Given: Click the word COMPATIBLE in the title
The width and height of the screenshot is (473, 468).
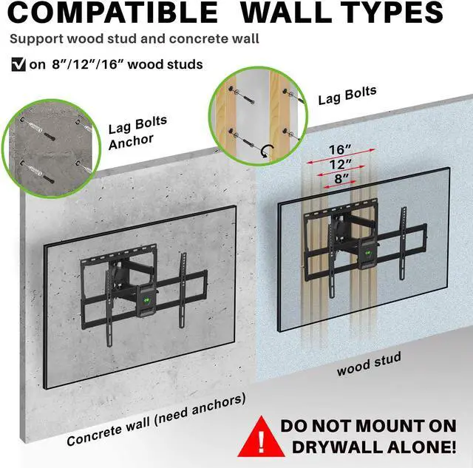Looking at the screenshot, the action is pyautogui.click(x=112, y=12).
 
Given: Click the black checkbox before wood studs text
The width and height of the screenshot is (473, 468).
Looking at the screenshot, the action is pyautogui.click(x=18, y=64).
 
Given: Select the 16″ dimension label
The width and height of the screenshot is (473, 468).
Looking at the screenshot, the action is pyautogui.click(x=340, y=149).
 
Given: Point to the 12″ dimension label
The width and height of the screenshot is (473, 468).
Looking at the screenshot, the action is pyautogui.click(x=341, y=164).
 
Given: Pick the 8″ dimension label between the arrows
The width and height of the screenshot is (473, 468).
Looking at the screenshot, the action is pyautogui.click(x=341, y=178).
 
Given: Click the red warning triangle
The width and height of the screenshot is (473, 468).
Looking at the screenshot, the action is pyautogui.click(x=261, y=437).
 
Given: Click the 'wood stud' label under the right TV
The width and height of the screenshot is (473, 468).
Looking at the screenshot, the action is pyautogui.click(x=369, y=364).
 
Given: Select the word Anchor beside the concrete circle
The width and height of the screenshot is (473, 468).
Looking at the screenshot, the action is pyautogui.click(x=131, y=142).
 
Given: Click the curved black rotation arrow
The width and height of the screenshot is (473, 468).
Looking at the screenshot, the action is pyautogui.click(x=268, y=151).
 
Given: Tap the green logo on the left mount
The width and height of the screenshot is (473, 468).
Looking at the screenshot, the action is pyautogui.click(x=146, y=300).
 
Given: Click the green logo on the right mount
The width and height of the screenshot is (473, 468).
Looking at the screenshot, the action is pyautogui.click(x=368, y=253).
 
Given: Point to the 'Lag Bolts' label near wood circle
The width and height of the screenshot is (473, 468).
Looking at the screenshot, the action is pyautogui.click(x=347, y=95).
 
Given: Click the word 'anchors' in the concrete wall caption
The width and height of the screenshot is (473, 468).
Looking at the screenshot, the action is pyautogui.click(x=219, y=405).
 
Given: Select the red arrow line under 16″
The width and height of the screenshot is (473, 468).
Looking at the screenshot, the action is pyautogui.click(x=341, y=156).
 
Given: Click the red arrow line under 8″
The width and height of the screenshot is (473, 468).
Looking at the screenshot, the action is pyautogui.click(x=341, y=184).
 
